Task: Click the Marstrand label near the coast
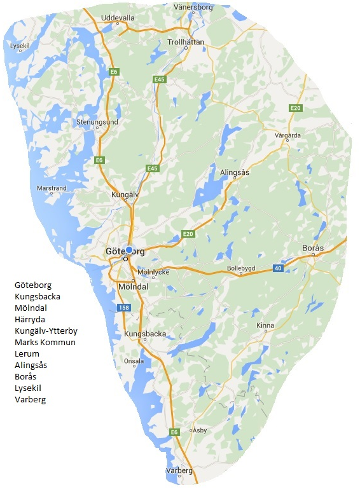point(52,188)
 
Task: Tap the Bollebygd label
point(241,268)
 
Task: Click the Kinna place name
point(265,325)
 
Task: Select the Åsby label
point(200,430)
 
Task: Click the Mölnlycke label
point(151,271)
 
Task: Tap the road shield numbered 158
point(125,308)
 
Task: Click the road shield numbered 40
point(277,268)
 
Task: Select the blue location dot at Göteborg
point(130,250)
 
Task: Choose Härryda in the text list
point(30,319)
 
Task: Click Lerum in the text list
point(27,353)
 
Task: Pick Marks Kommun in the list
point(45,342)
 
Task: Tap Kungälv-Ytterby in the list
point(46,331)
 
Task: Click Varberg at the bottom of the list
point(30,399)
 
